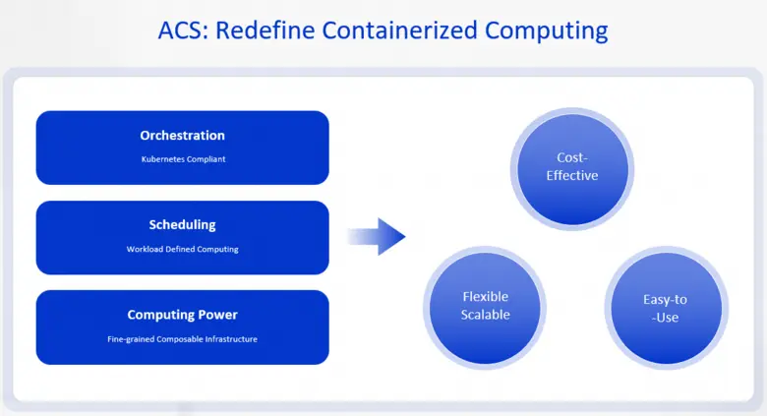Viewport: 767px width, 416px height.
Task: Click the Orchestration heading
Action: click(182, 136)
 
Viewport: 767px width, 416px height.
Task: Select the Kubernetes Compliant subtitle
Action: click(182, 159)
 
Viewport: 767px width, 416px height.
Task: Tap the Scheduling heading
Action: click(182, 225)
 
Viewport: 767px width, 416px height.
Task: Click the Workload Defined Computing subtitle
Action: click(182, 249)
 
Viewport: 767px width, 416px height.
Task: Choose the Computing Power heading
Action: click(182, 315)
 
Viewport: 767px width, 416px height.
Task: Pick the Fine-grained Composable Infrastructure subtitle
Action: click(182, 339)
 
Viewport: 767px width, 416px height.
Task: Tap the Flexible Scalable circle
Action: click(486, 306)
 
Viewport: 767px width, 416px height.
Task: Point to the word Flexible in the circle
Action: click(486, 296)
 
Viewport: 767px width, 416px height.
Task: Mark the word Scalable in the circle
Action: click(486, 315)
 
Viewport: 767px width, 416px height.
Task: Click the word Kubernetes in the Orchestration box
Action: click(160, 159)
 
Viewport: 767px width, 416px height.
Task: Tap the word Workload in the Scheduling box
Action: click(144, 249)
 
